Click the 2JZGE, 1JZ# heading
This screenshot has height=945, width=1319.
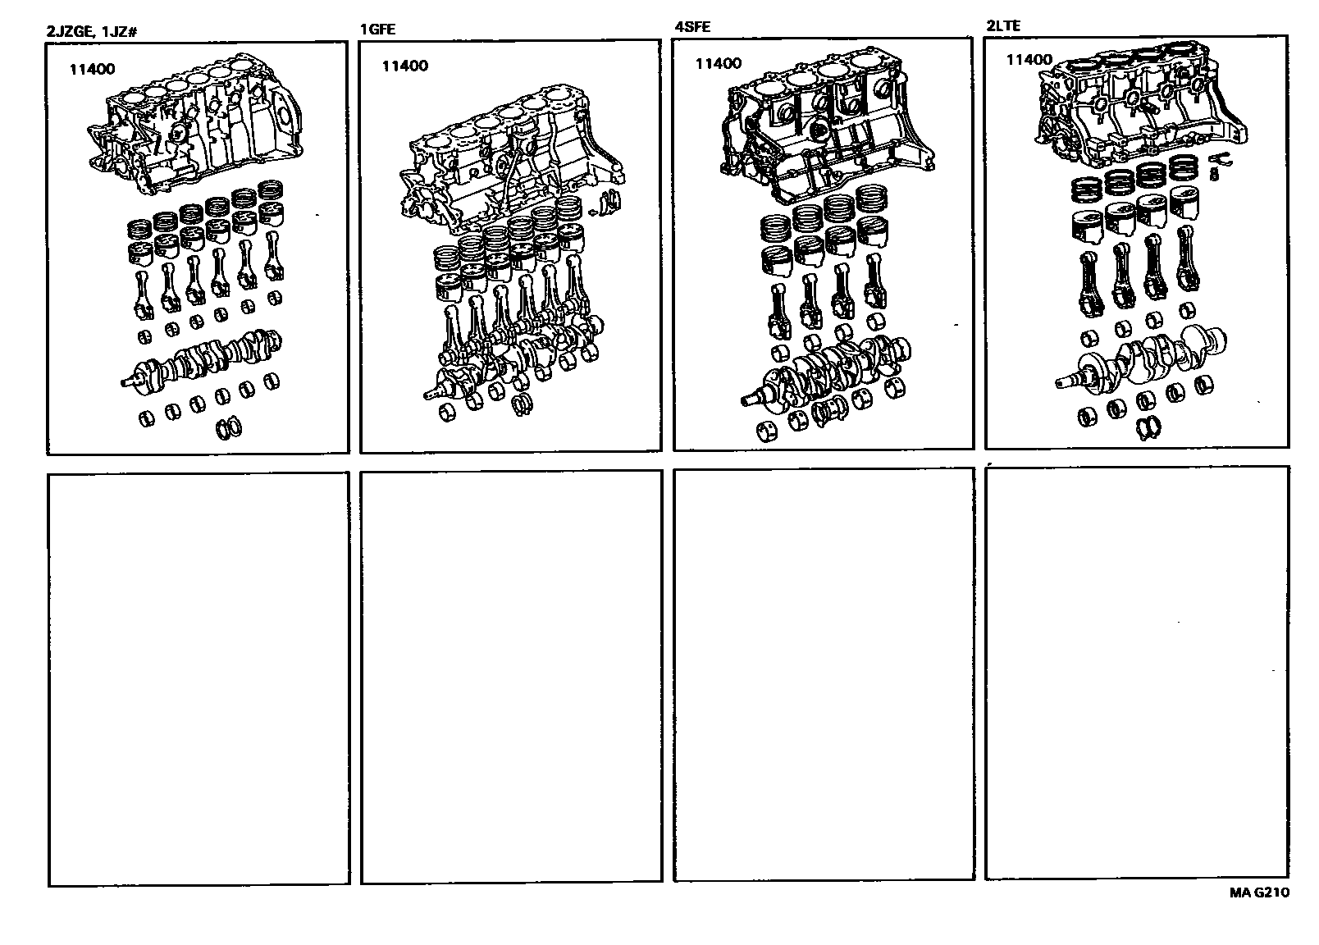(92, 31)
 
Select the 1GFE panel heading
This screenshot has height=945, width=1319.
(378, 29)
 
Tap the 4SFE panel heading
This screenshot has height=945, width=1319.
(692, 26)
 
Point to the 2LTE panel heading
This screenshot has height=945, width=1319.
(1003, 25)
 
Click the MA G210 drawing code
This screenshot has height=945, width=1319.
(1259, 892)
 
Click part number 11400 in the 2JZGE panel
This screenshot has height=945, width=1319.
(93, 69)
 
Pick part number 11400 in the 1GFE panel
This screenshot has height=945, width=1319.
(405, 66)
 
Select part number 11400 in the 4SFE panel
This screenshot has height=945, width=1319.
(719, 64)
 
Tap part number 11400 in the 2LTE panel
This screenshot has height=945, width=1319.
(1029, 59)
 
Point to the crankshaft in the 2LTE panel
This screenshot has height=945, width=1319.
(1143, 361)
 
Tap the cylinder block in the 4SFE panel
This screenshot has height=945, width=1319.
(828, 126)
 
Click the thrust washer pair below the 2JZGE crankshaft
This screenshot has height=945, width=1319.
(229, 428)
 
